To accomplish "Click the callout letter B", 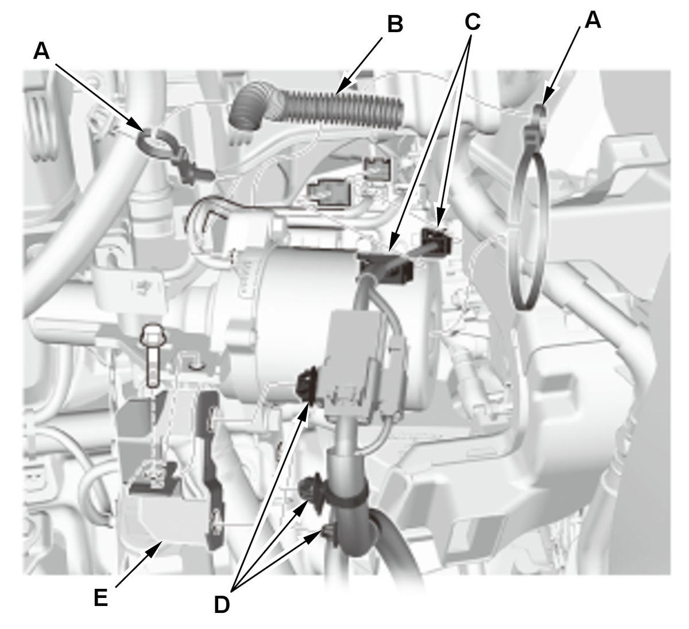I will click(x=396, y=24).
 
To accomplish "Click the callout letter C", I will click(x=471, y=22).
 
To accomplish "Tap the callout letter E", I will click(x=100, y=598).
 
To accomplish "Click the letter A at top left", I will click(x=41, y=51).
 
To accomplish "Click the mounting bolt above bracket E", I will click(x=152, y=356).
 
